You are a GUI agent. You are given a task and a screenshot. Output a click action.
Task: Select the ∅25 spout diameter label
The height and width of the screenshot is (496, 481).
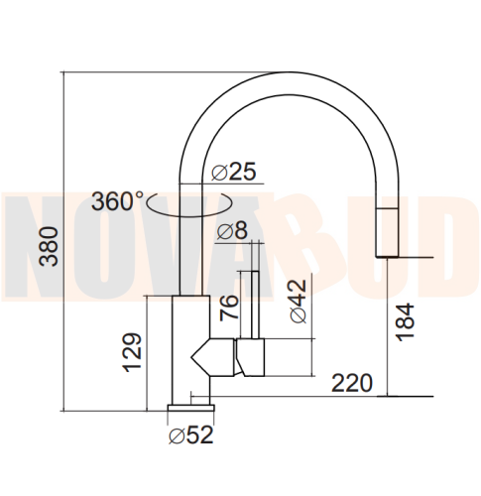(x=235, y=172)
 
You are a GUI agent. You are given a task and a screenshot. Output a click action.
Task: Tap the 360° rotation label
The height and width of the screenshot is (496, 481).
(x=118, y=201)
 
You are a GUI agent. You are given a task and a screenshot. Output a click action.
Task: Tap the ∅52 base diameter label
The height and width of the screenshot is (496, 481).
(x=191, y=434)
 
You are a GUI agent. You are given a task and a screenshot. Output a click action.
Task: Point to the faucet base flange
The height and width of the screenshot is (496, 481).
(x=190, y=406)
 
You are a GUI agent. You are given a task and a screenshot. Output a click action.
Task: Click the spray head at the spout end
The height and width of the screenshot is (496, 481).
(x=386, y=231)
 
